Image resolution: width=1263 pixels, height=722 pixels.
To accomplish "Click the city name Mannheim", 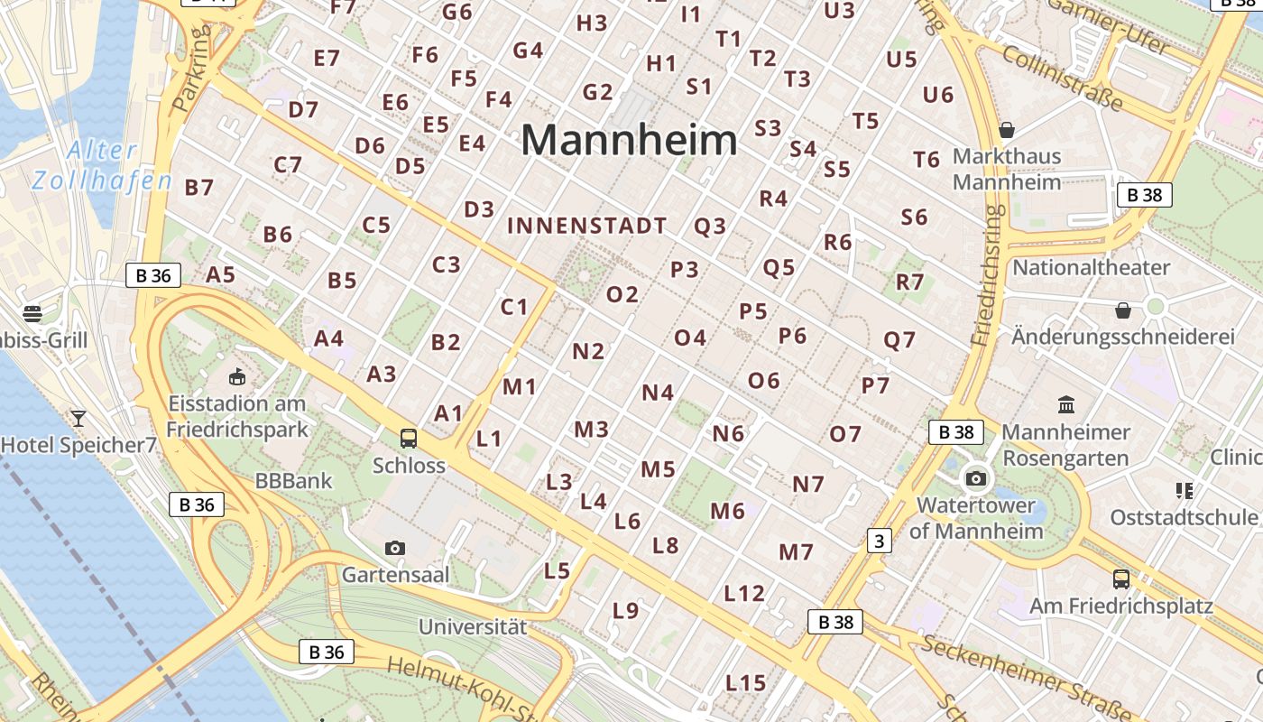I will pyautogui.click(x=629, y=141).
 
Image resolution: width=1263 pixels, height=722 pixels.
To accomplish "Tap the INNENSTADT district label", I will pyautogui.click(x=587, y=227).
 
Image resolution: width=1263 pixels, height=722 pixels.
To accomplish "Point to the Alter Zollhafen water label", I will pyautogui.click(x=101, y=165).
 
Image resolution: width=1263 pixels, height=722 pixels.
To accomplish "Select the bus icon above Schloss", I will pyautogui.click(x=409, y=439).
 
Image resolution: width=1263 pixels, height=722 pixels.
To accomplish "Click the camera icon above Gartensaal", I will pyautogui.click(x=394, y=548).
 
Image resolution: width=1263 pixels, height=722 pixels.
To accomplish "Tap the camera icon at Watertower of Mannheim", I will pyautogui.click(x=975, y=478).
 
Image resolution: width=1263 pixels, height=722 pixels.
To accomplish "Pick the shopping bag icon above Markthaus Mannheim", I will pyautogui.click(x=1007, y=130).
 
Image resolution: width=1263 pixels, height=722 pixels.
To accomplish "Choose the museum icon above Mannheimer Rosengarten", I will pyautogui.click(x=1065, y=404).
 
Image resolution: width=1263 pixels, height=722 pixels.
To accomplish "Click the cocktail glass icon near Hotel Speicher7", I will pyautogui.click(x=78, y=418).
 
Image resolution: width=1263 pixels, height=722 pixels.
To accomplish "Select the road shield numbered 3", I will pyautogui.click(x=878, y=541).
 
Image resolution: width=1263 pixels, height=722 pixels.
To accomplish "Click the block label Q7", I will pyautogui.click(x=899, y=340).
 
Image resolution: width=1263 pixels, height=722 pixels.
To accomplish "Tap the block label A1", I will pyautogui.click(x=448, y=413).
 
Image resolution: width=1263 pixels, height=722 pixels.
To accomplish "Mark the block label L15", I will pyautogui.click(x=745, y=682).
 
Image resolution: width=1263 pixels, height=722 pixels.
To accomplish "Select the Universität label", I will pyautogui.click(x=473, y=626).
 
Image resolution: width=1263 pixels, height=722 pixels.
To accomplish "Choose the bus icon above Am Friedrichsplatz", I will pyautogui.click(x=1121, y=579).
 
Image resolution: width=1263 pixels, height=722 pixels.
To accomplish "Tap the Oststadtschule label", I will pyautogui.click(x=1183, y=517).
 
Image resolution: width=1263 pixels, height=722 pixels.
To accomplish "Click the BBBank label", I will pyautogui.click(x=294, y=481).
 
